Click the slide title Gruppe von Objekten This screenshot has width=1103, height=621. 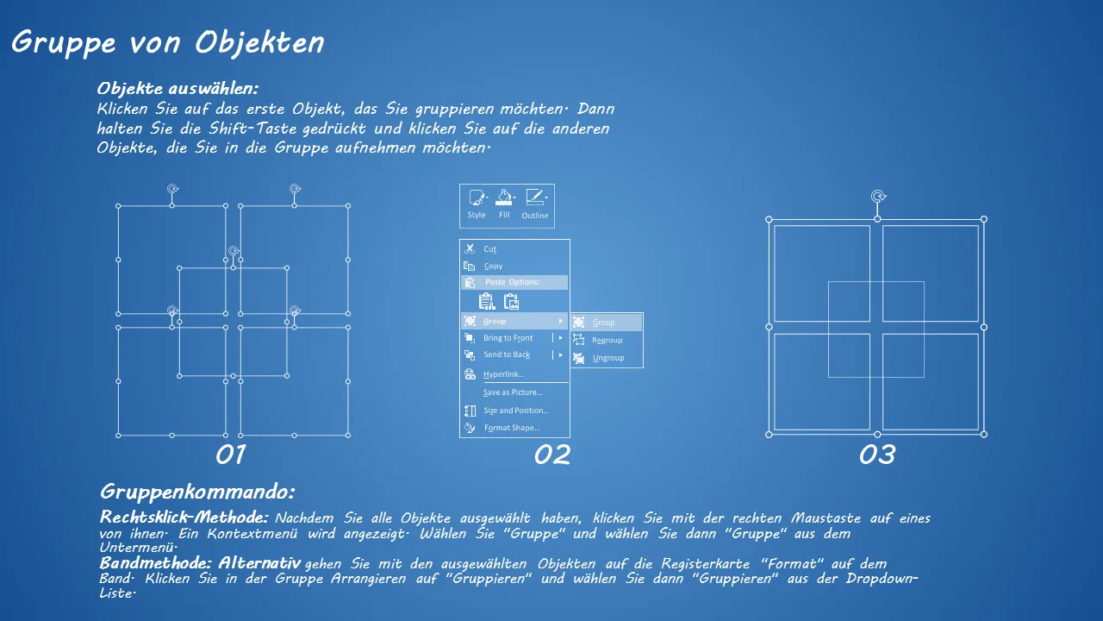[168, 43]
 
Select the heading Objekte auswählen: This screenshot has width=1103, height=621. [178, 89]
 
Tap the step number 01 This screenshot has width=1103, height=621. [230, 455]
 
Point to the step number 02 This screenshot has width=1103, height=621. [552, 455]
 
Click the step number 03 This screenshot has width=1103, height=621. [877, 455]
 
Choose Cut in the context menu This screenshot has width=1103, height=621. [489, 249]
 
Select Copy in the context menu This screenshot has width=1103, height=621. [493, 267]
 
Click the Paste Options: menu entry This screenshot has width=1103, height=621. [512, 282]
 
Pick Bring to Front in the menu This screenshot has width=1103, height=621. [508, 338]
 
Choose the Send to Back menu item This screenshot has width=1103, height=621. [507, 354]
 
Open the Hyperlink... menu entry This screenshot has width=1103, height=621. [503, 374]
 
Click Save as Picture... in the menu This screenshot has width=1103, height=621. [513, 392]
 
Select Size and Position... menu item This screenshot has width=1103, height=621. [516, 411]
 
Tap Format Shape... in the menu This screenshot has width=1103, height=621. [512, 428]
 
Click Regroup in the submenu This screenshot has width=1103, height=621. [607, 340]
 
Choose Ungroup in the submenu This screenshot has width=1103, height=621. [608, 358]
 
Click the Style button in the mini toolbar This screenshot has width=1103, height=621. [477, 204]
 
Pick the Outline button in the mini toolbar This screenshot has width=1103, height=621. [535, 204]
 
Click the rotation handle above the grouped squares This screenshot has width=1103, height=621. [878, 197]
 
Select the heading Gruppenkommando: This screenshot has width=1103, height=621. [197, 492]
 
